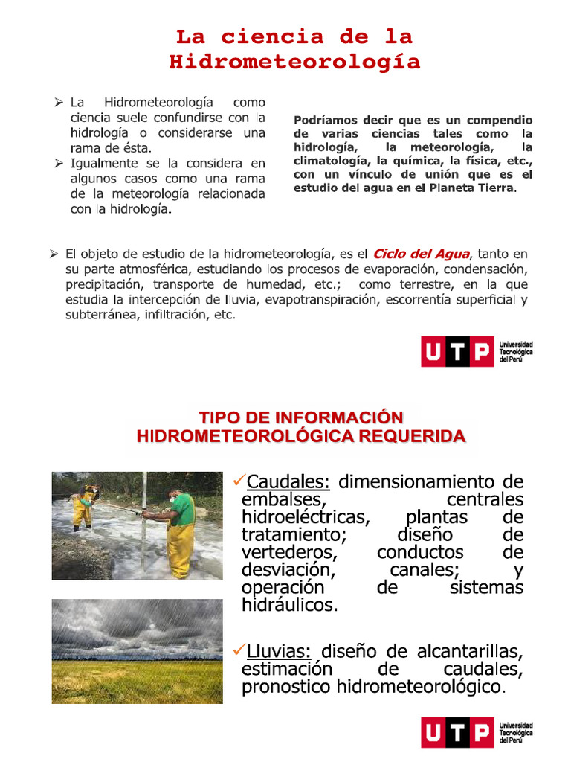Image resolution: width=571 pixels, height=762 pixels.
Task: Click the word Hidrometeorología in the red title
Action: pyautogui.click(x=294, y=62)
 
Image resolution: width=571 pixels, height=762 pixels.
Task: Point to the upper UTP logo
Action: pyautogui.click(x=457, y=351)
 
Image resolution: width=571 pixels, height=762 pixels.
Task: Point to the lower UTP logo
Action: pyautogui.click(x=457, y=732)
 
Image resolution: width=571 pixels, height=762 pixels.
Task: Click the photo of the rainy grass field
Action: pyautogui.click(x=137, y=650)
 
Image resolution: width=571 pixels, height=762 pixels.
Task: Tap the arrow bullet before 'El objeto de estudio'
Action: pyautogui.click(x=54, y=254)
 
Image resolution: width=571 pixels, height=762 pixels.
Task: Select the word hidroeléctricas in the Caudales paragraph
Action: pyautogui.click(x=305, y=516)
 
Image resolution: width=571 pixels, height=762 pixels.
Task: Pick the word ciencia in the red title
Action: pyautogui.click(x=272, y=36)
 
